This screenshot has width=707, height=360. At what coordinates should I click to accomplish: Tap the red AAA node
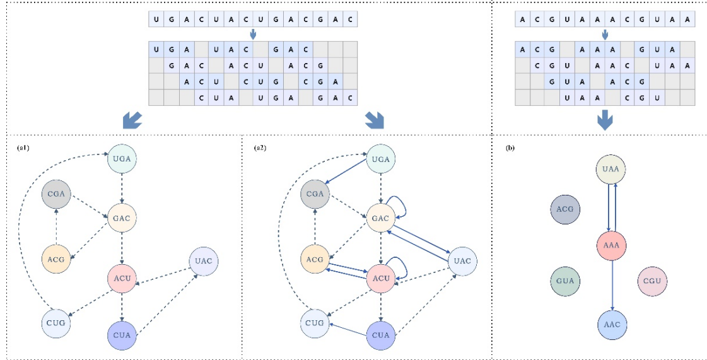611,245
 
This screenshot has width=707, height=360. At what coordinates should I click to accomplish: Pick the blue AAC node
612,325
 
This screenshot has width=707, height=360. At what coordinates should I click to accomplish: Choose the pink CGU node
653,281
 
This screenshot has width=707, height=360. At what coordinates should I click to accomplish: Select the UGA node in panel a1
123,159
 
